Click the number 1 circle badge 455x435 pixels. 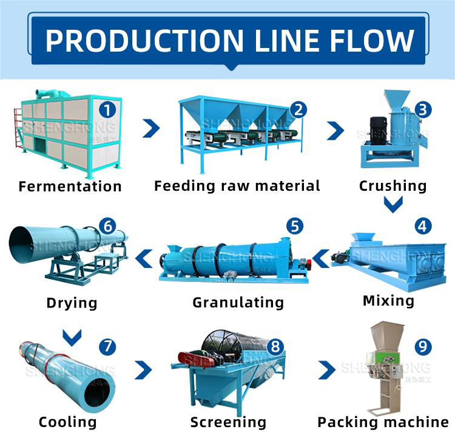pyautogui.click(x=107, y=110)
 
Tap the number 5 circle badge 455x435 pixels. pyautogui.click(x=295, y=227)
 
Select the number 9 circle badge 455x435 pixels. pyautogui.click(x=423, y=347)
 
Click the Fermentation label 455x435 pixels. pyautogui.click(x=70, y=186)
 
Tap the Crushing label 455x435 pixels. pyautogui.click(x=393, y=185)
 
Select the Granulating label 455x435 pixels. pyautogui.click(x=238, y=302)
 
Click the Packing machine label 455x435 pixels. pyautogui.click(x=383, y=422)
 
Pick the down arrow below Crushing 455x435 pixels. pyautogui.click(x=393, y=206)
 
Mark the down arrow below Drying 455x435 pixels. pyautogui.click(x=72, y=335)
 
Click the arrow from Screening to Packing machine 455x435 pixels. pyautogui.click(x=327, y=369)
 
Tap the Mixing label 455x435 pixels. pyautogui.click(x=388, y=300)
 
